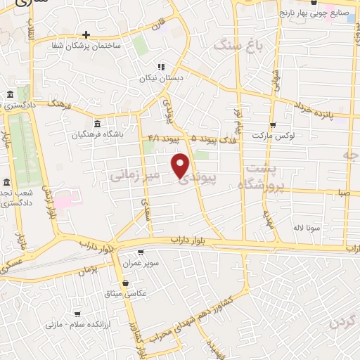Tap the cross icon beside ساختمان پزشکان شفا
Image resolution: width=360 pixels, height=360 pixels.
[x=86, y=34]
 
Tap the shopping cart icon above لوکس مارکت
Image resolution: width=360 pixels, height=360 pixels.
[x=272, y=124]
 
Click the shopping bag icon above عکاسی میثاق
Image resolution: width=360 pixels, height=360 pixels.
[x=124, y=283]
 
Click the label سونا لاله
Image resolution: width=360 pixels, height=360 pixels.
[x=308, y=228]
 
